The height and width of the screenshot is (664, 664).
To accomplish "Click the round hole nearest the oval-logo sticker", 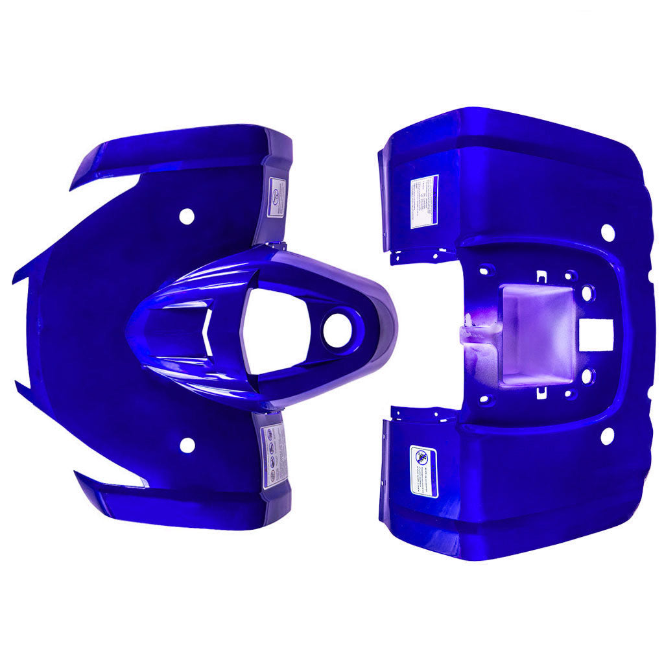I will (x=187, y=217).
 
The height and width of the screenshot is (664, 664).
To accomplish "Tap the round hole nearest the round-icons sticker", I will (x=187, y=445).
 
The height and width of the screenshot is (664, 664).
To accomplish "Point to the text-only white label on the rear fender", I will (x=424, y=202).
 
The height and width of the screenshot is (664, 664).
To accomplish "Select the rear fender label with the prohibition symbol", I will (x=424, y=471).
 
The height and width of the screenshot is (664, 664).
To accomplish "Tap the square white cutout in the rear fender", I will (x=596, y=335).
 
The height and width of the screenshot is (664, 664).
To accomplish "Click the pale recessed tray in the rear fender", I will (x=537, y=335).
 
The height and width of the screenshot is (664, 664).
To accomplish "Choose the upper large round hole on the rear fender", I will (x=608, y=231).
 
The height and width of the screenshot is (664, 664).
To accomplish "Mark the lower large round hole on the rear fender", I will (x=607, y=436).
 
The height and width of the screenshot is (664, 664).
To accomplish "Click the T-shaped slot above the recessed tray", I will (x=541, y=277).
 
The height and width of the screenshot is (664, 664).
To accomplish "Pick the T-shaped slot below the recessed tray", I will (x=541, y=392).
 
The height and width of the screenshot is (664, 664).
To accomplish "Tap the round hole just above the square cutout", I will (x=587, y=293).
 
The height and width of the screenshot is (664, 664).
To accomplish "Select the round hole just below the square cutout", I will (x=587, y=375).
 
